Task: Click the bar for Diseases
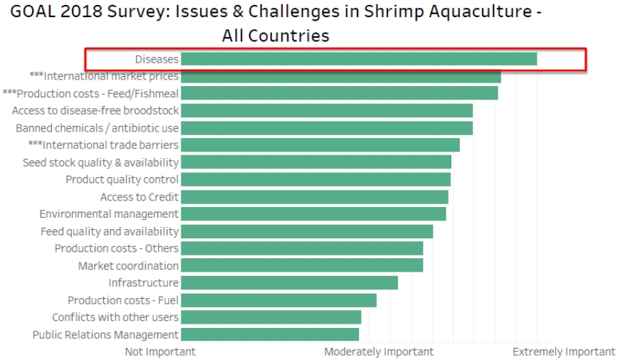[x=358, y=59]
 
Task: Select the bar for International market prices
[x=340, y=76]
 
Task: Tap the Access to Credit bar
[x=314, y=196]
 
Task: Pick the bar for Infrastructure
[x=289, y=283]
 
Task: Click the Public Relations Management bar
[x=269, y=334]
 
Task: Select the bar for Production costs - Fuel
[x=278, y=300]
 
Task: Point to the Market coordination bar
[x=301, y=265]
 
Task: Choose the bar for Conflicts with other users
[x=271, y=317]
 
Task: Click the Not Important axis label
[x=160, y=351]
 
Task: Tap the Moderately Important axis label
[x=379, y=351]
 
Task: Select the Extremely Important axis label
[x=564, y=351]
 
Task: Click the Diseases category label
[x=157, y=59]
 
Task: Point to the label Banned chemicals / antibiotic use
[x=98, y=128]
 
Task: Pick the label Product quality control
[x=122, y=179]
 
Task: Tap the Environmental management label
[x=109, y=213]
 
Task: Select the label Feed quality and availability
[x=110, y=231]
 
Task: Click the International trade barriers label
[x=103, y=145]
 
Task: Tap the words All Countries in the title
[x=276, y=35]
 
